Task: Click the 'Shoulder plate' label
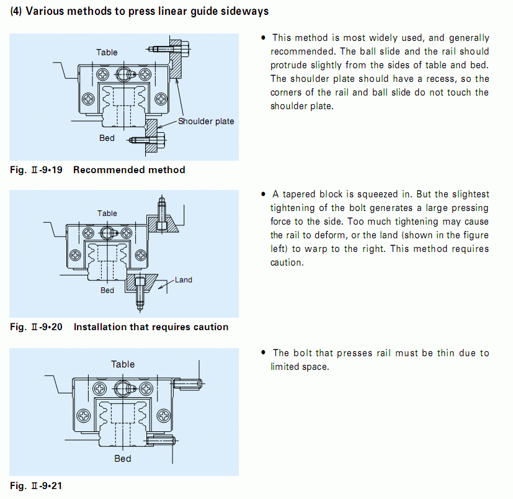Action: [x=206, y=122]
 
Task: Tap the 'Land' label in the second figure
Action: [x=183, y=280]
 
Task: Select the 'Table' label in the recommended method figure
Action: [x=107, y=52]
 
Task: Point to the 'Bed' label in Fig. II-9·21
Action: [x=123, y=459]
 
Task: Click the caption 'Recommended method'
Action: [x=129, y=170]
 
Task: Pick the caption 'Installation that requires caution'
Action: [x=151, y=327]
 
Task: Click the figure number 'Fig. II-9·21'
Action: [x=36, y=485]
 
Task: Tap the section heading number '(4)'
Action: [x=16, y=11]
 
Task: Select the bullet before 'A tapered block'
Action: [x=264, y=194]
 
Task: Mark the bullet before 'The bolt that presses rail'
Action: [x=264, y=353]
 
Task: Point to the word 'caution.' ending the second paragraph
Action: [x=287, y=263]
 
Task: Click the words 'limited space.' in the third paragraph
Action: [x=300, y=367]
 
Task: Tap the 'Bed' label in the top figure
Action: [x=107, y=138]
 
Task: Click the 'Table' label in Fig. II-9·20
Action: [x=107, y=214]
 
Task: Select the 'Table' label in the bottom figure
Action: [x=123, y=364]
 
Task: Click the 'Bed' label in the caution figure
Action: [x=107, y=290]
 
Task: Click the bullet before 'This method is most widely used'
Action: [x=264, y=38]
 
